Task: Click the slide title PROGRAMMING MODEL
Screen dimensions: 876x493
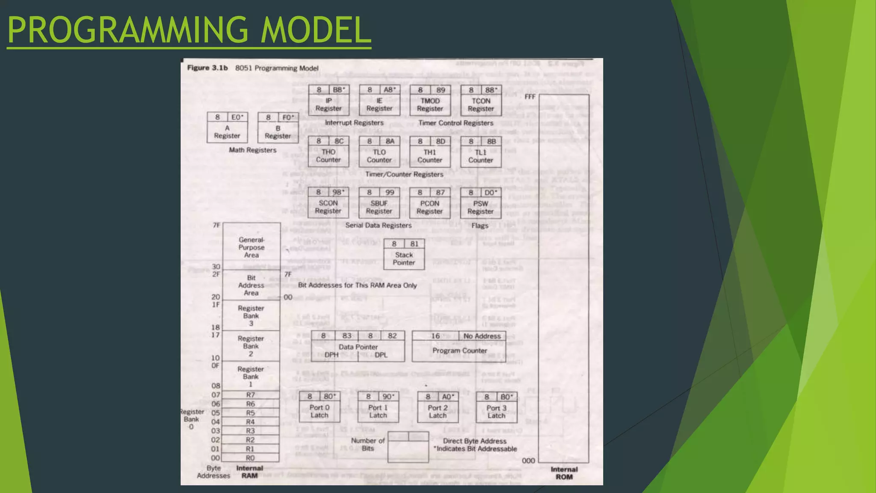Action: (x=189, y=30)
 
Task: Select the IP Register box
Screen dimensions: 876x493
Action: (x=328, y=101)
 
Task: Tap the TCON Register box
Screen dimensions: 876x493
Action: (x=481, y=101)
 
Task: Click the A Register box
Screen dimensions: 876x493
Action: (x=227, y=128)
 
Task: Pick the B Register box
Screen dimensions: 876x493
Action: (x=278, y=128)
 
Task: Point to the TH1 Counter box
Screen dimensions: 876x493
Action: (x=430, y=152)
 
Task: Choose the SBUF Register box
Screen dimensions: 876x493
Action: (x=379, y=203)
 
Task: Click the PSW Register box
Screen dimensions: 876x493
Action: (x=480, y=204)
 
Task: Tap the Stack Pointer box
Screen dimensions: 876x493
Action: (x=404, y=255)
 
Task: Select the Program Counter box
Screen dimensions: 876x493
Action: (x=459, y=347)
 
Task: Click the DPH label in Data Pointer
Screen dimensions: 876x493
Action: (x=331, y=355)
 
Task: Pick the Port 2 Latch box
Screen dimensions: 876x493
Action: (x=438, y=408)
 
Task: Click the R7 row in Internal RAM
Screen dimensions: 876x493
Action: (x=251, y=395)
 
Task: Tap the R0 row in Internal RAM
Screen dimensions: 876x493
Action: (x=251, y=458)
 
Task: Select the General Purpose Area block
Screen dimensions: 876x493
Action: (x=252, y=247)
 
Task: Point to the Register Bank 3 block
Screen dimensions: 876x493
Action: (x=251, y=316)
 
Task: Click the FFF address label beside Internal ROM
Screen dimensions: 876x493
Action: (x=530, y=97)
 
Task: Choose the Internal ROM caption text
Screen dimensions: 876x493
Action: (x=564, y=473)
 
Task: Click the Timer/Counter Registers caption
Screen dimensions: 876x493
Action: (x=404, y=174)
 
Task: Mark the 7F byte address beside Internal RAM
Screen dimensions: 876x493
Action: (x=216, y=225)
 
